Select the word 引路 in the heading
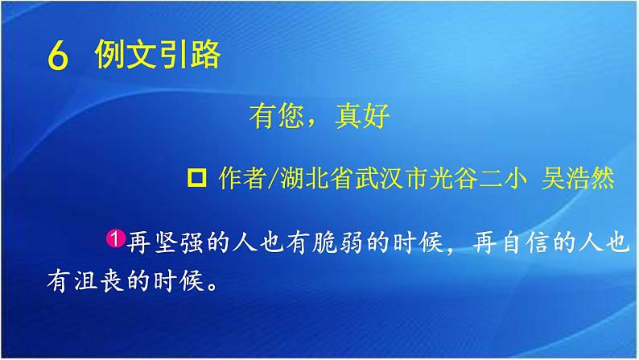tap(190, 56)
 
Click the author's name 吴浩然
tap(584, 179)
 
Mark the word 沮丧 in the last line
tap(89, 283)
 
